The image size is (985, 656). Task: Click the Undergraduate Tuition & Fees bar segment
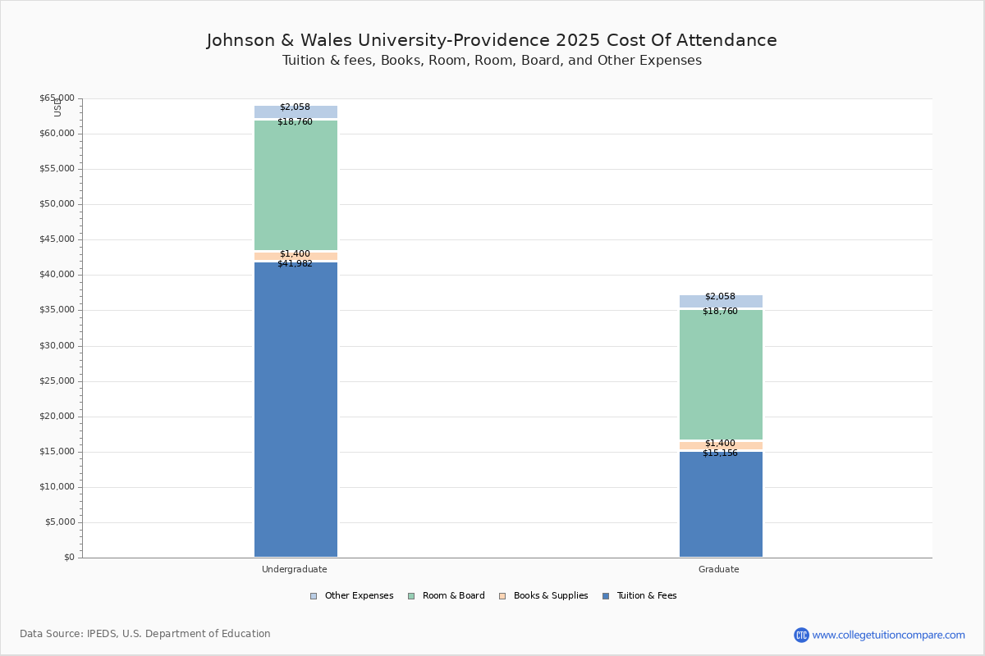[x=295, y=410]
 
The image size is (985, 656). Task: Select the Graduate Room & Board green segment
[x=721, y=375]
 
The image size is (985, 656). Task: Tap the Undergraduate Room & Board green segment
[x=295, y=185]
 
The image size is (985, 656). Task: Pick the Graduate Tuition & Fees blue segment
[x=721, y=504]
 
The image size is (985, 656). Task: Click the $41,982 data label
[x=295, y=264]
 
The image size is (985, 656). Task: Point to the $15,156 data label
[x=720, y=453]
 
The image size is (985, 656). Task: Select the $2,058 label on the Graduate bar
[x=720, y=297]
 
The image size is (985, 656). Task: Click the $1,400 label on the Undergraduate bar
[x=295, y=254]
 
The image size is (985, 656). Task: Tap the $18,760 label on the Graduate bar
[x=720, y=312]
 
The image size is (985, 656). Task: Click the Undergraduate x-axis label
[x=295, y=569]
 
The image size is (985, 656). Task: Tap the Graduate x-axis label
[x=719, y=569]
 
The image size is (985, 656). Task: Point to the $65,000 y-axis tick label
[x=57, y=98]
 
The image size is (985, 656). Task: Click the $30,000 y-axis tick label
[x=57, y=346]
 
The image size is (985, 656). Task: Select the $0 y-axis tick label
[x=69, y=558]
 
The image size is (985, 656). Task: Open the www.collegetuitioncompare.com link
[x=888, y=635]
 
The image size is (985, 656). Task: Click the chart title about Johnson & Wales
[x=492, y=40]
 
